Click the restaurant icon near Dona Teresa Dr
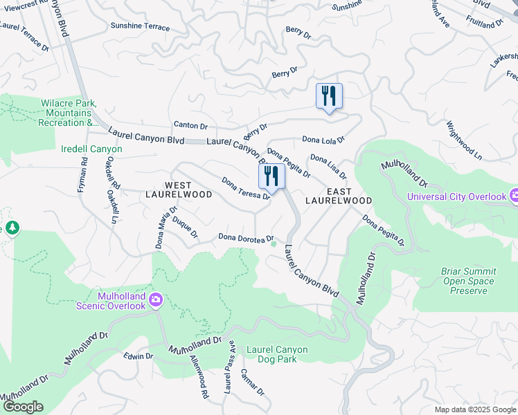pyautogui.click(x=271, y=176)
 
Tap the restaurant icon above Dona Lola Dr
pyautogui.click(x=328, y=95)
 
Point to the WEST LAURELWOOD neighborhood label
pyautogui.click(x=179, y=190)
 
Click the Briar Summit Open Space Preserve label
pyautogui.click(x=468, y=281)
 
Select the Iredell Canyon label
pyautogui.click(x=91, y=149)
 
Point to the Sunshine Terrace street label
pyautogui.click(x=140, y=26)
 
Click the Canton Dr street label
pyautogui.click(x=190, y=125)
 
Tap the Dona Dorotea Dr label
pyautogui.click(x=247, y=238)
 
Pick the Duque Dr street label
pyautogui.click(x=185, y=229)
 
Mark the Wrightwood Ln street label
pyautogui.click(x=464, y=140)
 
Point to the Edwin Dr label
pyautogui.click(x=138, y=356)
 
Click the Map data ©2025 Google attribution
pyautogui.click(x=474, y=409)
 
